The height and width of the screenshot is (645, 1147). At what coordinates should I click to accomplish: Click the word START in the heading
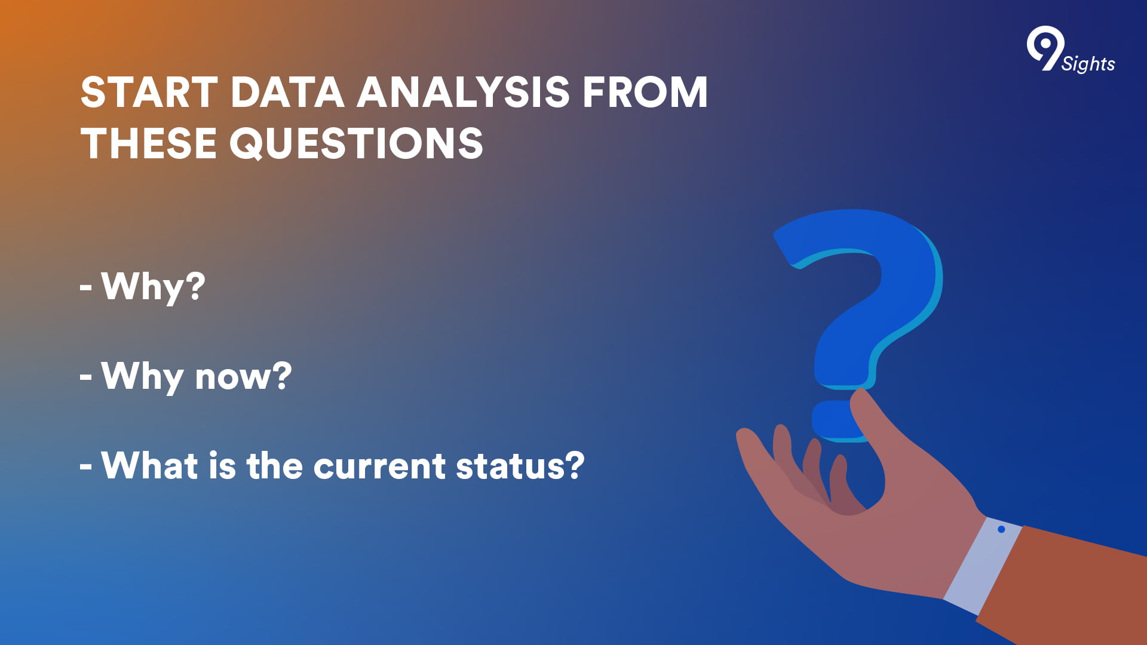point(149,93)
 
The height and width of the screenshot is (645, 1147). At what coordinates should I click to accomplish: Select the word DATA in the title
point(287,93)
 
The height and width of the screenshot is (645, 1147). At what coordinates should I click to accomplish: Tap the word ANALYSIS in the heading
point(464,93)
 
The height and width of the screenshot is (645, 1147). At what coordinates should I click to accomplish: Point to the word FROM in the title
point(645,93)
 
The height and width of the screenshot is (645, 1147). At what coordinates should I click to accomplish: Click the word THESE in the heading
point(149,143)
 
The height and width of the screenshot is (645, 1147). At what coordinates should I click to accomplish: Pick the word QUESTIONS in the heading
point(357,143)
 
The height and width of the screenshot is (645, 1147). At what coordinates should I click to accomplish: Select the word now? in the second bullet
point(244,377)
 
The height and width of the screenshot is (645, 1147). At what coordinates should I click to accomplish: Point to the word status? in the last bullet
point(520,465)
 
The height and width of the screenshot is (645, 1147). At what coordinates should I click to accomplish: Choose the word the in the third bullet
point(275,465)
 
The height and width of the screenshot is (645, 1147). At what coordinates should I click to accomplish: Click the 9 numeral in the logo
point(1045,48)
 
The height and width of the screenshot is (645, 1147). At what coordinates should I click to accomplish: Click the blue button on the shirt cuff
point(1001,529)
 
